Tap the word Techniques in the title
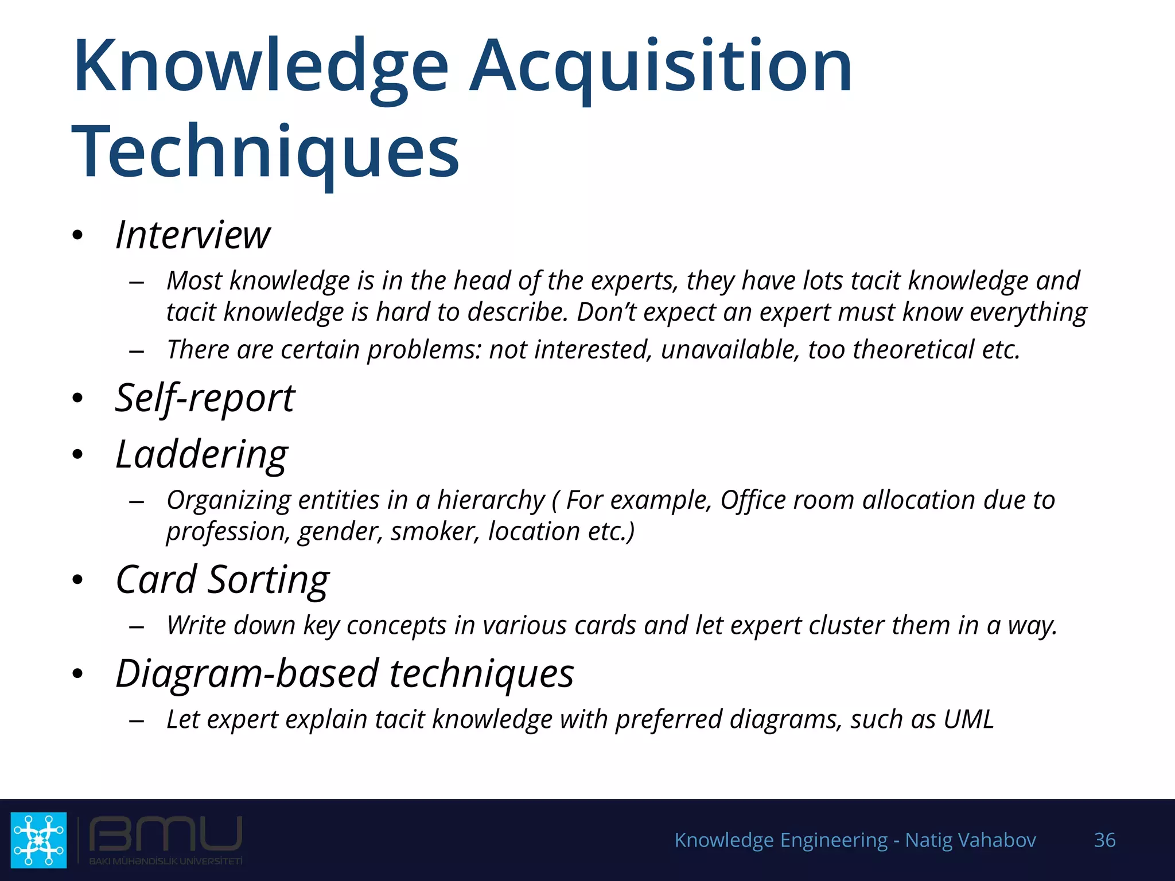265,152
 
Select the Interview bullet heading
193,235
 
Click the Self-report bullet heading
205,398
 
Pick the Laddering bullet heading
201,454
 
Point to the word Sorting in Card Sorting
268,579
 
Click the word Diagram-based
247,673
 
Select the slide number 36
1104,840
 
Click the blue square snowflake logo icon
38,840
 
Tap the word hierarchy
491,500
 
